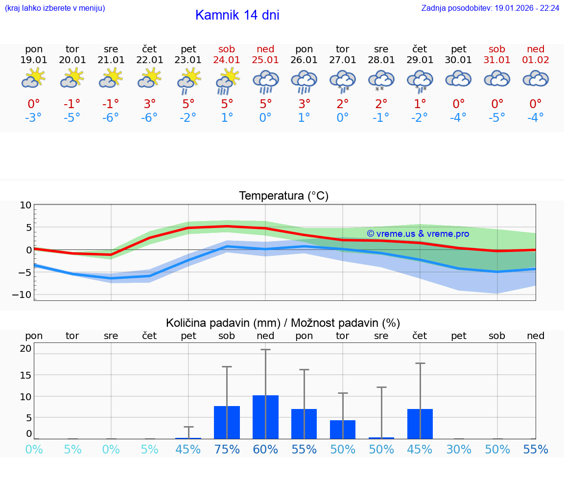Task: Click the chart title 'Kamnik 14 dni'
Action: point(237,15)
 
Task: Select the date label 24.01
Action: point(227,60)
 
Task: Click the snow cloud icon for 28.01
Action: point(381,81)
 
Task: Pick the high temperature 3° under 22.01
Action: point(150,104)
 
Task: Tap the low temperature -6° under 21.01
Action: point(111,117)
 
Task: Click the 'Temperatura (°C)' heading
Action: point(283,196)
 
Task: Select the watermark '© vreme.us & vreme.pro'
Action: point(418,234)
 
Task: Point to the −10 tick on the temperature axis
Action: point(25,295)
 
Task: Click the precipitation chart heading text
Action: point(283,323)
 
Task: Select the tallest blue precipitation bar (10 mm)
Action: point(265,417)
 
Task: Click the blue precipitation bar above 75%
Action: point(227,422)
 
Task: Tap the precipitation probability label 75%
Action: point(227,450)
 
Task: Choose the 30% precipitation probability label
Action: point(459,450)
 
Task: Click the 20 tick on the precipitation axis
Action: point(25,348)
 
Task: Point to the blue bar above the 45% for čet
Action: point(420,424)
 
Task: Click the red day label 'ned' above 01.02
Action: point(536,49)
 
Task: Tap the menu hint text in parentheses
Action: point(55,8)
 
